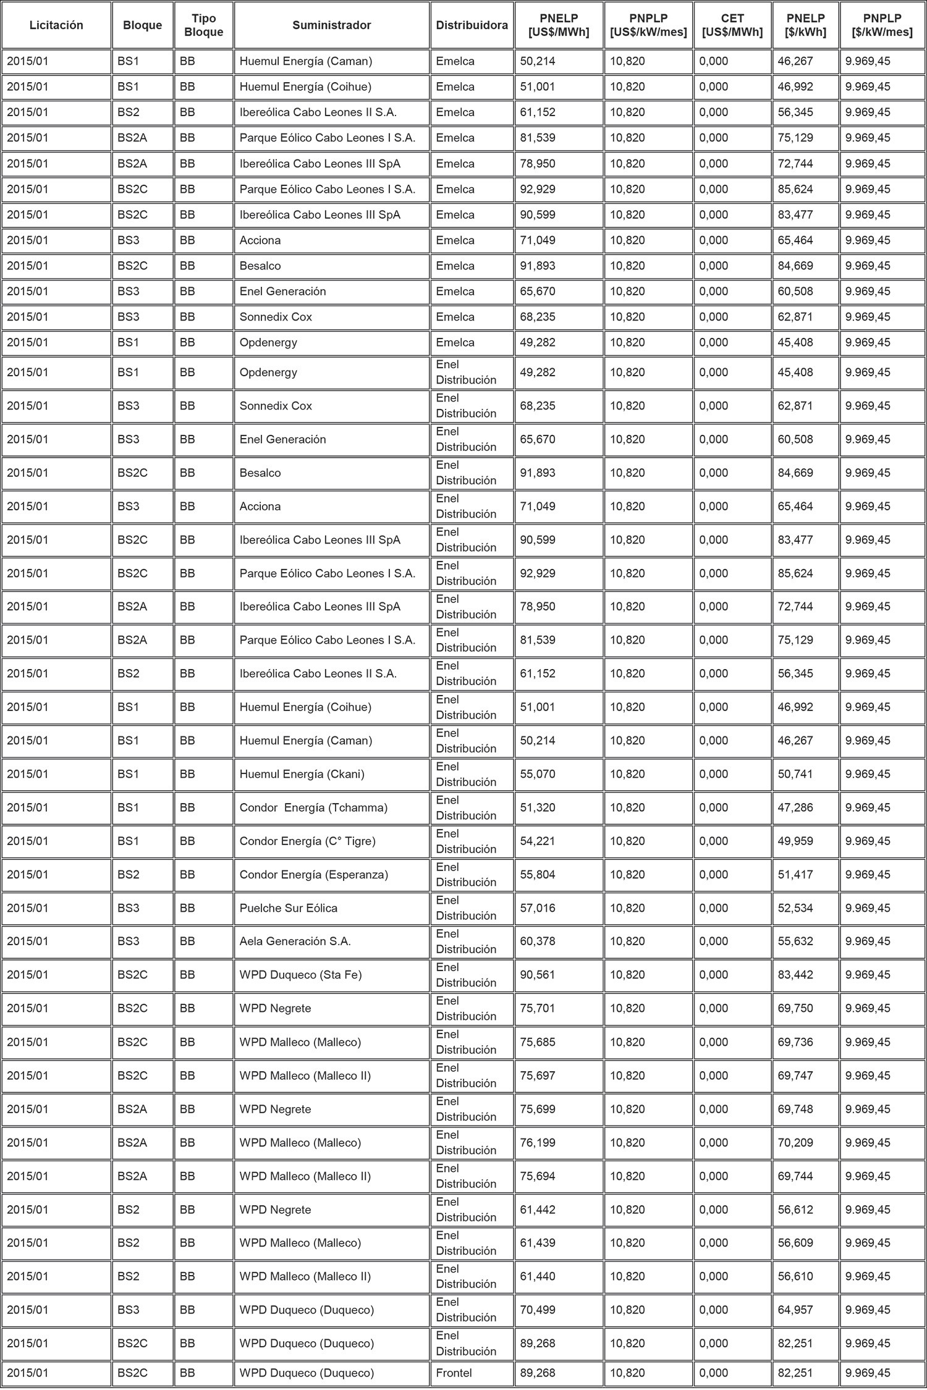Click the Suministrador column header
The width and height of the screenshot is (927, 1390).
pos(331,25)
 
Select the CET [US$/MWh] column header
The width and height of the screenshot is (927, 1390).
pos(732,25)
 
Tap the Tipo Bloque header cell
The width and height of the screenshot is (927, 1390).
pos(203,25)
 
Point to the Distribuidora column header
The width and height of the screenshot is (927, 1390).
pos(472,25)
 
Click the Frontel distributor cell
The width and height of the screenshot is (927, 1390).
pos(454,1373)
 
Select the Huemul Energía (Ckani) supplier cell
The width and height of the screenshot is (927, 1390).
pos(302,774)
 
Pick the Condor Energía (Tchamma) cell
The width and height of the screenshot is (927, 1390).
pos(313,807)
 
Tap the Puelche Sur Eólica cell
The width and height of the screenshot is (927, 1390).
pos(289,908)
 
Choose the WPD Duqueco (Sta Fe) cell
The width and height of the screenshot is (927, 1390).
pos(301,975)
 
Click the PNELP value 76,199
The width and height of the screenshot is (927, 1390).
pos(538,1143)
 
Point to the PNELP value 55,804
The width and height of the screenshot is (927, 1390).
pos(538,875)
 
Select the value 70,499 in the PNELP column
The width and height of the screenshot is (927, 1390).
pos(538,1310)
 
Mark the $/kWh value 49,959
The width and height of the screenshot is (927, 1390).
pos(795,841)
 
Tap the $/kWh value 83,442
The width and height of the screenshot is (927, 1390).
pos(795,975)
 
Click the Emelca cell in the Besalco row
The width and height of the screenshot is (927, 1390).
pos(455,266)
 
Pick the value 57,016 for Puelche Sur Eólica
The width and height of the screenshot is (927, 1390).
pos(538,908)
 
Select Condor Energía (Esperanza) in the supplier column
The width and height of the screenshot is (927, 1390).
pos(314,875)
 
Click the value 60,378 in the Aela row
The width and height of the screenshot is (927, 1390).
pos(538,941)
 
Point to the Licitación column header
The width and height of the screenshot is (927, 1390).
pos(56,25)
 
